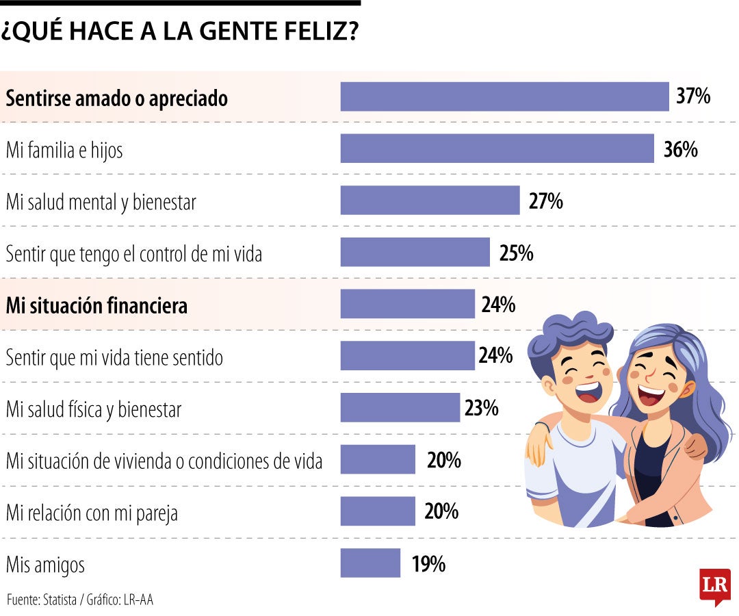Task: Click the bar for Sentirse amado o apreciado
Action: (504, 97)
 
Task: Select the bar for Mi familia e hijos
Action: (497, 149)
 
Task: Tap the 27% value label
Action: (545, 201)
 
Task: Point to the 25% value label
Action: (516, 253)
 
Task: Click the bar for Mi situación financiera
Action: (407, 304)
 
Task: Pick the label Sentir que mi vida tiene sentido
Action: (114, 357)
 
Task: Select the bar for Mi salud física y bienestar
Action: (400, 408)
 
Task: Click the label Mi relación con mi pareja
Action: (92, 513)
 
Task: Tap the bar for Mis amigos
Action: (370, 563)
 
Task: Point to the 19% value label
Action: (429, 565)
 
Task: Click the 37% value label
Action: (693, 97)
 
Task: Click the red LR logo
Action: (714, 586)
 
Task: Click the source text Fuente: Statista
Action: (41, 600)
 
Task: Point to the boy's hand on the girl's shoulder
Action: (696, 447)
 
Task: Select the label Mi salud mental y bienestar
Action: (101, 202)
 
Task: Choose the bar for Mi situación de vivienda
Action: (378, 459)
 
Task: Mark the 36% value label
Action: (680, 149)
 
